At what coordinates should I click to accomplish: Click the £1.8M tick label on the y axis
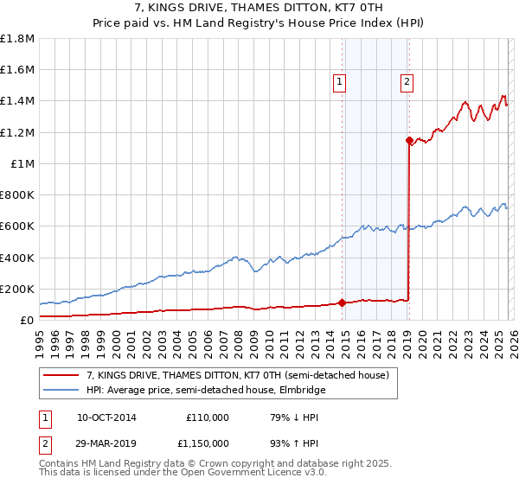tap(17, 39)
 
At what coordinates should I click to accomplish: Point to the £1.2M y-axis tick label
tap(17, 132)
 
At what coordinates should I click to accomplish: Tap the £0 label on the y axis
tap(26, 320)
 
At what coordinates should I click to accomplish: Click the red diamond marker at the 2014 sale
tap(342, 302)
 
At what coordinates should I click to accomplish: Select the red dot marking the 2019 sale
tap(409, 139)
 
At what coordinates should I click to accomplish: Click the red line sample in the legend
tap(61, 376)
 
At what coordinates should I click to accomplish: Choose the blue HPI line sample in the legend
tap(61, 390)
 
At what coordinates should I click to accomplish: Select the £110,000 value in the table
tap(208, 417)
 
